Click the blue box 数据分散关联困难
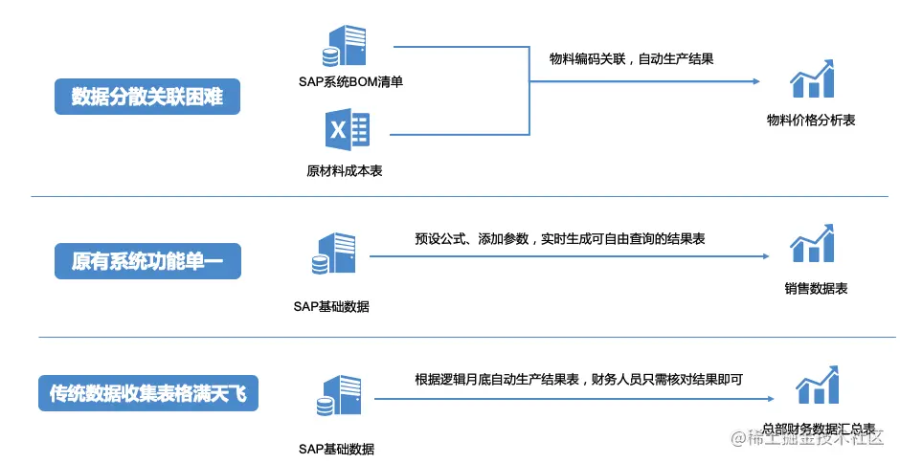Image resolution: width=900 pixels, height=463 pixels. tap(146, 97)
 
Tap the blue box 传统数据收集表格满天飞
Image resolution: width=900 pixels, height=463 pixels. tap(148, 392)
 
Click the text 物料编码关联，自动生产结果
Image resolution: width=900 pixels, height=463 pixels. tap(631, 58)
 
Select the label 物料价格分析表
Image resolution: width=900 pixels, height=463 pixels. tap(811, 121)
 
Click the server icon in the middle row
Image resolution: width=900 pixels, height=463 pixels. tap(332, 255)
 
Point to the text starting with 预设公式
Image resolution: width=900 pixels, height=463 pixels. tap(560, 239)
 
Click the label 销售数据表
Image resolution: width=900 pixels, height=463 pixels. tap(816, 289)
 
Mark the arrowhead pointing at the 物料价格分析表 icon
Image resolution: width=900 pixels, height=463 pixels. tap(757, 81)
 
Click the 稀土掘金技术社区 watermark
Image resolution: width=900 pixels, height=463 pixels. tap(813, 439)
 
